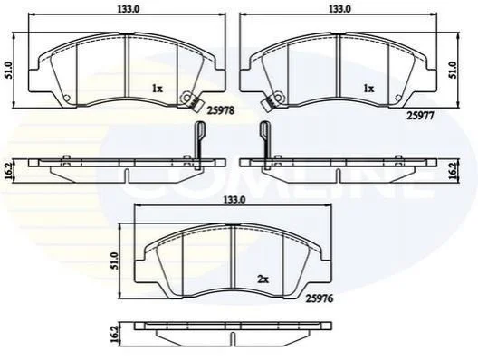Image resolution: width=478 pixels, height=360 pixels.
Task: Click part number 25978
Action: pos(220,111)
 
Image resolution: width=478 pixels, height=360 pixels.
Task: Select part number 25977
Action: pos(420,116)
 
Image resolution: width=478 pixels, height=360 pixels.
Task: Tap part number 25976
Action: pos(320,298)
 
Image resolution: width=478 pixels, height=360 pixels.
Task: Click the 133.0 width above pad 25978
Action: pos(129,9)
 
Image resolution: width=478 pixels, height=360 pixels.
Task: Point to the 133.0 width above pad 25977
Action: pos(339,9)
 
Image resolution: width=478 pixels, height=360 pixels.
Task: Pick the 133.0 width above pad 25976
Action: pos(234,200)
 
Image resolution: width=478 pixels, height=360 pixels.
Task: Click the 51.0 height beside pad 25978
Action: pos(8,71)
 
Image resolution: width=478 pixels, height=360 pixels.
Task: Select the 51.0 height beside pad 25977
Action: pos(454,71)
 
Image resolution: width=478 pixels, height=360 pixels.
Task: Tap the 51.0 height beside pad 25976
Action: pos(114,261)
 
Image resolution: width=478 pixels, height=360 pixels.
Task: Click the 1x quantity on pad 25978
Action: pos(158,89)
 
